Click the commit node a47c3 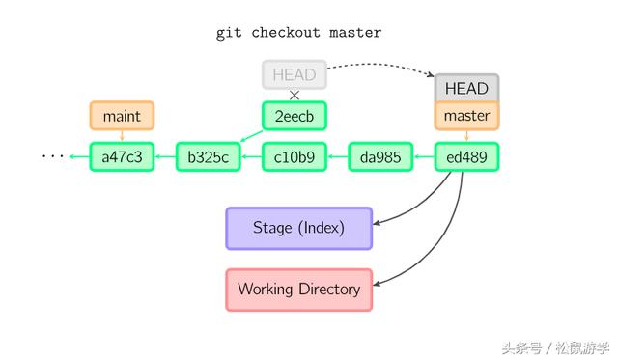122,156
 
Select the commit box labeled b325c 208,156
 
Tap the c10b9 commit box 295,156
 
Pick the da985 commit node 380,156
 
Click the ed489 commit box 466,156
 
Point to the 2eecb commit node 295,116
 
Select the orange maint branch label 122,116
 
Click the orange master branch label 466,116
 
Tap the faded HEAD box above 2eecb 295,74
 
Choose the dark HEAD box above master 466,88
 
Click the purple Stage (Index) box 298,228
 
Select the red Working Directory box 298,289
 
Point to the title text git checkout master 298,33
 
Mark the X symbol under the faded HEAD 295,95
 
